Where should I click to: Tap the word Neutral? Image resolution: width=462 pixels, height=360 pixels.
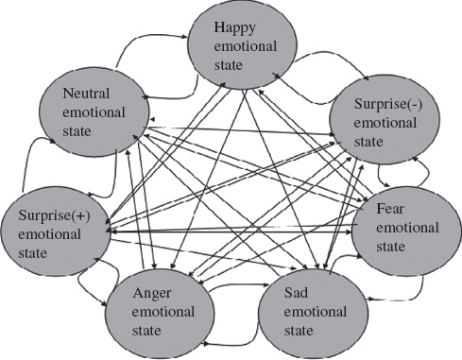pos(86,94)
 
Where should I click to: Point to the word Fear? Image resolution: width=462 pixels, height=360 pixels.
pos(391,207)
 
